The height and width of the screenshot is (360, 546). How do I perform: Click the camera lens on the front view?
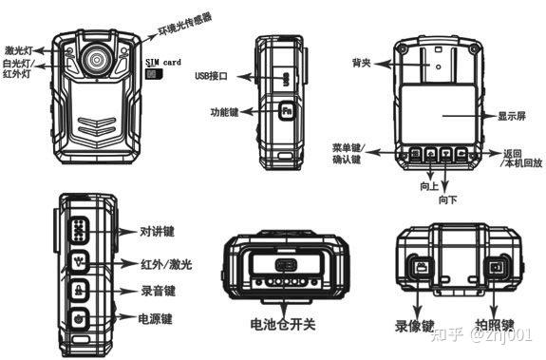pos(97,59)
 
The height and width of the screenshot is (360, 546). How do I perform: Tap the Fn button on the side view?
pos(286,111)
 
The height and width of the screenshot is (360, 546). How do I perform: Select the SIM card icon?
pos(154,74)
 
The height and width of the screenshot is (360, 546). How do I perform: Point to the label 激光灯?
pos(18,50)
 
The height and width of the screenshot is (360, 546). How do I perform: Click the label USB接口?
pos(212,76)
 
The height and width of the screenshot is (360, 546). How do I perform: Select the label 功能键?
pos(225,112)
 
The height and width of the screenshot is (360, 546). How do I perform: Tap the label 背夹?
pos(361,63)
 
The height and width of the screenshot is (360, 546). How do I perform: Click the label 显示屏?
pos(512,116)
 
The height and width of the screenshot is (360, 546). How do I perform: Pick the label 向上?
pos(428,186)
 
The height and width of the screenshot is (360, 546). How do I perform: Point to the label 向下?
pos(447,199)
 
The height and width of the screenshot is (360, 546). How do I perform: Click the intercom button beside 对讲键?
pos(80,230)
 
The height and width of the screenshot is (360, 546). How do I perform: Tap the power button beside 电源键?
pos(80,318)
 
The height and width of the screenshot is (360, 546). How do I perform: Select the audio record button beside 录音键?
pos(80,290)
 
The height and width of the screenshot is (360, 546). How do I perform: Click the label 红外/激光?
pos(166,265)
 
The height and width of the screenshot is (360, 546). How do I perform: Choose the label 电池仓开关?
pos(283,325)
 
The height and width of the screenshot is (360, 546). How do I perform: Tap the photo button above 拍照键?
pos(496,268)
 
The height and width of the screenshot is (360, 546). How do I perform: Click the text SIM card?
pos(163,63)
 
